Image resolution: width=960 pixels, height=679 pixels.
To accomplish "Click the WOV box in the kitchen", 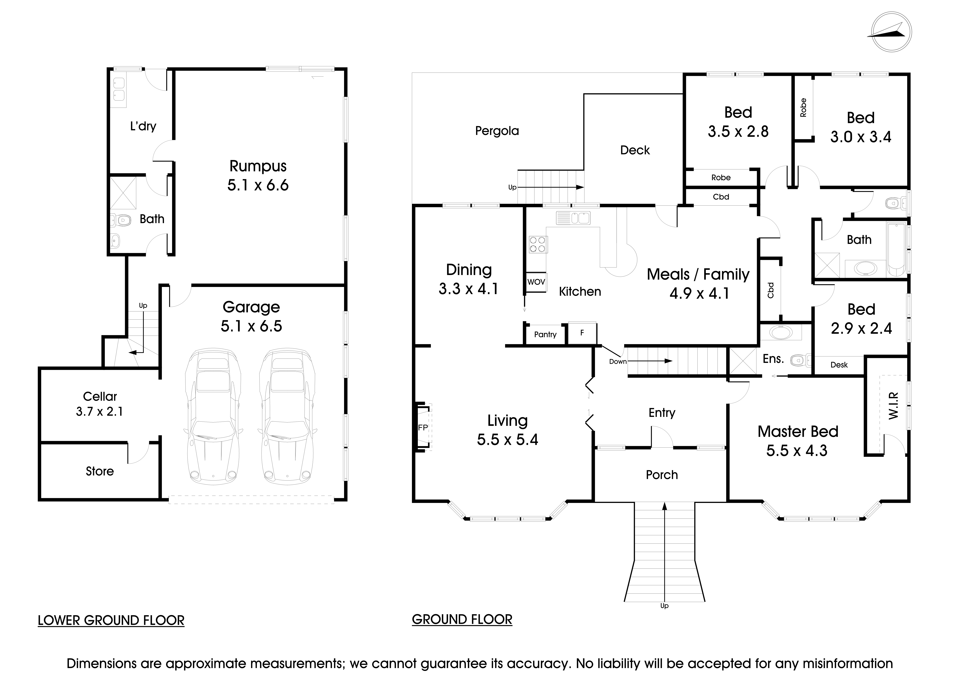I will [x=536, y=282].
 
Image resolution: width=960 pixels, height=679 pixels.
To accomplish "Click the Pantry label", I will [x=545, y=335].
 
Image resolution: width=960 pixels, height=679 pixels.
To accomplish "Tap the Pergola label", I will [x=497, y=131].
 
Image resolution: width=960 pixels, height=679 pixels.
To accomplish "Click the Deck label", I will [x=635, y=150].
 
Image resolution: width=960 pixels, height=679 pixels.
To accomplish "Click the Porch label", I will [x=661, y=475].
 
